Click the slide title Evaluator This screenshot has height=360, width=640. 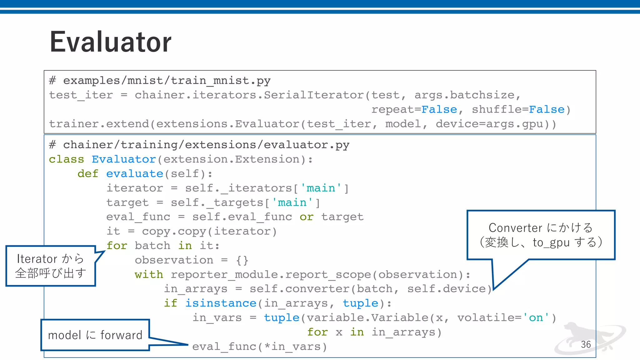pyautogui.click(x=111, y=42)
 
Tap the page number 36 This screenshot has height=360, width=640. pyautogui.click(x=586, y=344)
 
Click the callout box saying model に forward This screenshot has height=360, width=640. pyautogui.click(x=95, y=335)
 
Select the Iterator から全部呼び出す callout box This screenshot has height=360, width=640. pyautogui.click(x=51, y=266)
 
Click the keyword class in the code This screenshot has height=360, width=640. pyautogui.click(x=66, y=159)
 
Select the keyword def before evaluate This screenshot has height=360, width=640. pyautogui.click(x=88, y=174)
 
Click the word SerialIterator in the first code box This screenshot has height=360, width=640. pyautogui.click(x=314, y=95)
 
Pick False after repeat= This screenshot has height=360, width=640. pyautogui.click(x=439, y=110)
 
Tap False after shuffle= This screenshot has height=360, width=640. pyautogui.click(x=547, y=110)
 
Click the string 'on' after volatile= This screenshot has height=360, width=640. pyautogui.click(x=536, y=318)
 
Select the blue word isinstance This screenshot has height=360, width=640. pyautogui.click(x=221, y=303)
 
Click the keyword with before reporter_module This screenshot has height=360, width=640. pyautogui.click(x=149, y=275)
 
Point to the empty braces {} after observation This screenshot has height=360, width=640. pyautogui.click(x=242, y=260)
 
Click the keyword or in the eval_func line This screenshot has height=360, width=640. pyautogui.click(x=306, y=217)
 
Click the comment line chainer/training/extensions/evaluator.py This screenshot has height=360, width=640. pyautogui.click(x=199, y=145)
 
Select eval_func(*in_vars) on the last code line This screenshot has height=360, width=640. pyautogui.click(x=259, y=347)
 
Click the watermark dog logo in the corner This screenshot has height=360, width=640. pyautogui.click(x=587, y=339)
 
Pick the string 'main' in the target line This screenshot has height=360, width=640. pyautogui.click(x=292, y=202)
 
